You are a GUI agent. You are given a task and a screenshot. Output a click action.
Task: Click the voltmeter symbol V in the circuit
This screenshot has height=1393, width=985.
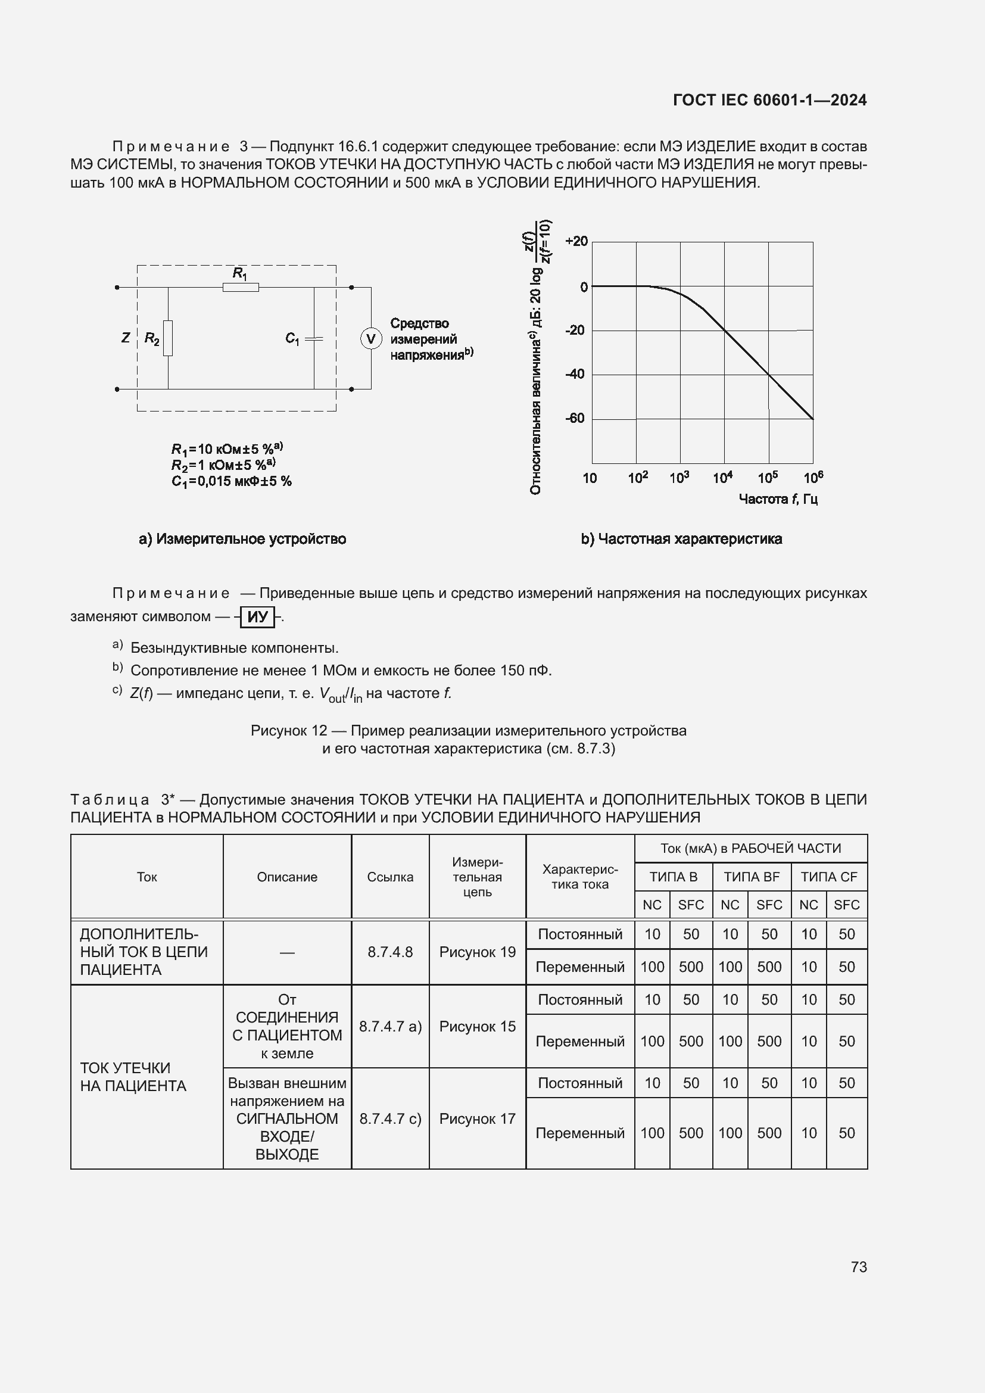click(x=371, y=338)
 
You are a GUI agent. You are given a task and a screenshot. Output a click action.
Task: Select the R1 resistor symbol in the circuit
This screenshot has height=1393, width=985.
click(x=240, y=288)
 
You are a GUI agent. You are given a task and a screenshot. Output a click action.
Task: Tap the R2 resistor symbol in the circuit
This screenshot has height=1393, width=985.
click(x=168, y=338)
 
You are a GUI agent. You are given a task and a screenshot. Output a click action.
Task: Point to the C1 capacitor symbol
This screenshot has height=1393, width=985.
click(x=314, y=339)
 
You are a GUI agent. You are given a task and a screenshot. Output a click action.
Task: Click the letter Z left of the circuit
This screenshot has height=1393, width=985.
click(x=126, y=338)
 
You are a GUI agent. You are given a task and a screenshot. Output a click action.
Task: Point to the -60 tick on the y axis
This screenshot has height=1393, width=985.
click(x=575, y=418)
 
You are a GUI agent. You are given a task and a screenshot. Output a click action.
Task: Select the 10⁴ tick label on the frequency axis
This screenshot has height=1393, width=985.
click(x=722, y=478)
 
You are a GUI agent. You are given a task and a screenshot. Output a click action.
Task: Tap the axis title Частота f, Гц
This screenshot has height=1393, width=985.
click(x=778, y=498)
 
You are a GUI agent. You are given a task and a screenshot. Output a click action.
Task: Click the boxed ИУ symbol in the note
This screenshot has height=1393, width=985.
click(x=257, y=617)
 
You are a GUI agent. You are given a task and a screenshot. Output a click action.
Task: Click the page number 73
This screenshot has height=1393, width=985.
click(x=858, y=1267)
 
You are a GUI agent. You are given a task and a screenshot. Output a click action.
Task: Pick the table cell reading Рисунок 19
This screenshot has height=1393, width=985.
click(x=477, y=952)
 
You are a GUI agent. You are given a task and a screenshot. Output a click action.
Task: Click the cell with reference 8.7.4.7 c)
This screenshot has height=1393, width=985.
click(x=390, y=1119)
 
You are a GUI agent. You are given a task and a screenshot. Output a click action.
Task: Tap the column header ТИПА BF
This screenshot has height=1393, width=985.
click(x=751, y=877)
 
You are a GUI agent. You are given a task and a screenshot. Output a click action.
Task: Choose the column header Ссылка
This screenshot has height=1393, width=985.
click(x=390, y=877)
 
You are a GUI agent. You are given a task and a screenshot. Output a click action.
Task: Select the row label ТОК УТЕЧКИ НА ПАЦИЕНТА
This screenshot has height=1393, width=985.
click(x=133, y=1077)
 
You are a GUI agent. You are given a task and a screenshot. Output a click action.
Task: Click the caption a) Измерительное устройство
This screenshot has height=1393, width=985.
click(x=242, y=539)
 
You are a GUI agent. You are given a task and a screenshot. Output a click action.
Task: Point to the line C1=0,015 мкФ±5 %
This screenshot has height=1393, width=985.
click(x=231, y=482)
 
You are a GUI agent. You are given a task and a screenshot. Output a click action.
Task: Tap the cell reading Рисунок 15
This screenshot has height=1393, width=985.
click(x=477, y=1027)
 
